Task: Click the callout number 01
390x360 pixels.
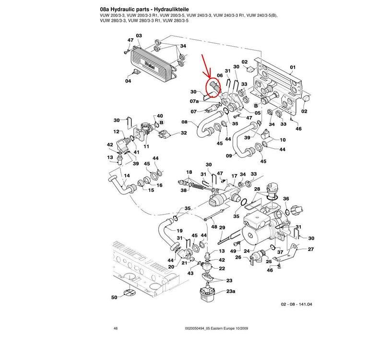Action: tap(293, 67)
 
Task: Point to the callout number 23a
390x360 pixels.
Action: tap(230, 292)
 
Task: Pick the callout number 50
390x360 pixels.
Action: tap(114, 298)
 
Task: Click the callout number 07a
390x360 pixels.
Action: tap(194, 102)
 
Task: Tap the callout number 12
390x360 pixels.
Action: tap(116, 132)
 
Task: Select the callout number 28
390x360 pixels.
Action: tap(257, 190)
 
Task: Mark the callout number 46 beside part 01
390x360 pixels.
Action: tap(299, 129)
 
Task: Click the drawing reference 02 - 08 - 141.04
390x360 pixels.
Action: tap(296, 304)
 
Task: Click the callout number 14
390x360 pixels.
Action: tap(127, 176)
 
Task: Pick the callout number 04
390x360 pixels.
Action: tap(128, 81)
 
